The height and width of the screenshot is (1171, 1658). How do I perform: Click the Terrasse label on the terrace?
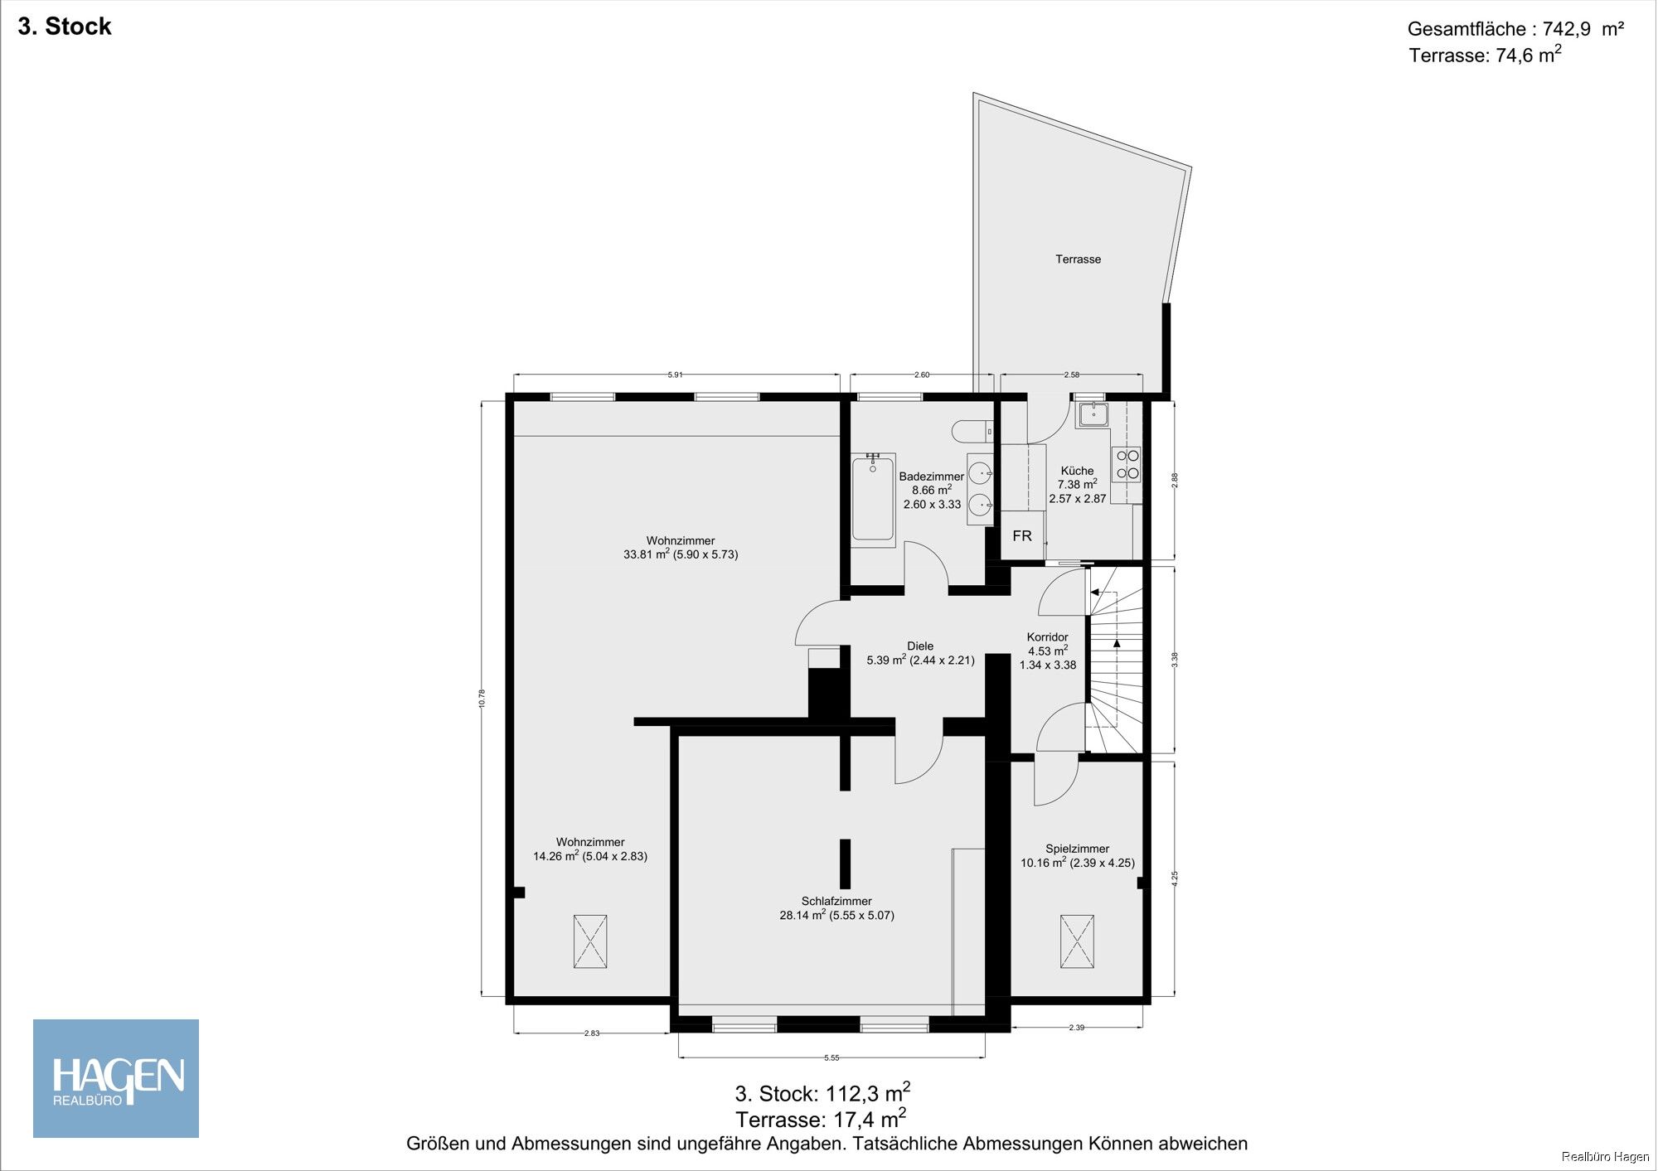1078,259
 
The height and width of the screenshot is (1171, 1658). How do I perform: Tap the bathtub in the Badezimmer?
873,500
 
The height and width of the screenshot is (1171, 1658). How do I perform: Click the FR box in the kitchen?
1022,536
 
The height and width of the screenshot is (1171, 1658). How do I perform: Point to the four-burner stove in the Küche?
1127,465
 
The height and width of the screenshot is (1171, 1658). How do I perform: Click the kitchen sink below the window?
1093,414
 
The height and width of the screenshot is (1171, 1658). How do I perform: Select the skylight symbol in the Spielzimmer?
1077,941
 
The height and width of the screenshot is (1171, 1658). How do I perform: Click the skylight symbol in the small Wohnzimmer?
590,941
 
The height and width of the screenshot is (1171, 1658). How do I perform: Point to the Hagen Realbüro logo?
116,1078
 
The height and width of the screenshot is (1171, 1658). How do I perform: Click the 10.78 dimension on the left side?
482,699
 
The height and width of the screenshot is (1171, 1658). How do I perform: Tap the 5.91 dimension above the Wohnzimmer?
676,375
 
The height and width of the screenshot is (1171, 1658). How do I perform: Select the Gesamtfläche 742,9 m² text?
1515,29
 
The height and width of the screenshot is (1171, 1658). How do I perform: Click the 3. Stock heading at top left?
65,27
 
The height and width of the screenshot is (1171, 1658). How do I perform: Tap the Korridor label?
1047,637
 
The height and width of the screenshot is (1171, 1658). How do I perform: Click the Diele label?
920,646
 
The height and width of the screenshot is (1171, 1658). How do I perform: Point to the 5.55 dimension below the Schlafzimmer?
831,1057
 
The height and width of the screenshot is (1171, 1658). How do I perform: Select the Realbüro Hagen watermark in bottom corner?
1605,1157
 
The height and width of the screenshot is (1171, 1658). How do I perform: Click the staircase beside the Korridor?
1115,660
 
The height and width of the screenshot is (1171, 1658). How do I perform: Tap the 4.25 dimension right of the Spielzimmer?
1175,879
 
